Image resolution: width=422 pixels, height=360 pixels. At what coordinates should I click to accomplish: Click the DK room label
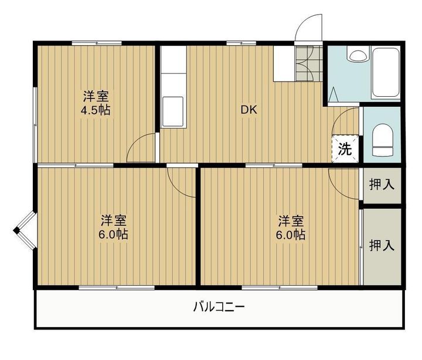click(x=249, y=110)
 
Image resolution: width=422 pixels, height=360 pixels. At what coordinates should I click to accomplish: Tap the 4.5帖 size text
click(x=96, y=110)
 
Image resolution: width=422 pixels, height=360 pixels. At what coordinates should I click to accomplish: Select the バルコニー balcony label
click(x=219, y=307)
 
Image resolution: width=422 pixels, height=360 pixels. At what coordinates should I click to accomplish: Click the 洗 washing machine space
click(x=345, y=148)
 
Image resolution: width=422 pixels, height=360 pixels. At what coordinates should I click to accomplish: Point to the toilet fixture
click(x=382, y=140)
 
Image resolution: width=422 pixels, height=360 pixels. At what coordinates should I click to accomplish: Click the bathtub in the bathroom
click(x=385, y=72)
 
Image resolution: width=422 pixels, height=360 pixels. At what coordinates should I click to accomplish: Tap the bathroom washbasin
click(x=358, y=54)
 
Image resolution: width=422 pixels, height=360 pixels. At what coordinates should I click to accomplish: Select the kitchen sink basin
click(x=173, y=111)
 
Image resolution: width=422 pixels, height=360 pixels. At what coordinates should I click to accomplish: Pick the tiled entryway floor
click(x=309, y=63)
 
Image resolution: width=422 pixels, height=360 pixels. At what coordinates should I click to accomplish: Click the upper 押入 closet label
click(x=382, y=185)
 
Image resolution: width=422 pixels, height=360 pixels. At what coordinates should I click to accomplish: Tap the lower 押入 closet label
click(x=382, y=245)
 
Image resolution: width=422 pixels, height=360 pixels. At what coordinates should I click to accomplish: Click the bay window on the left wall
click(x=26, y=230)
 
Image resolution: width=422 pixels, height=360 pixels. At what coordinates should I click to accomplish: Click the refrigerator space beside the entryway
click(x=284, y=63)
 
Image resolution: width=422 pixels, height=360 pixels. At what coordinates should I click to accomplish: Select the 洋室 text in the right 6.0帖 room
click(x=291, y=221)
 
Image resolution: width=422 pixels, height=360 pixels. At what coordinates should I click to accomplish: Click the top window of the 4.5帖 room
click(x=97, y=43)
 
